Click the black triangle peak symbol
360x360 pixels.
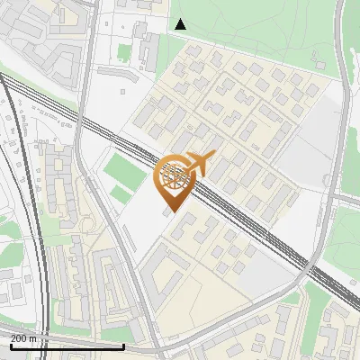tap(181, 24)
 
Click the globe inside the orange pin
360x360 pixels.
tap(174, 175)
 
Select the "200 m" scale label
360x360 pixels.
tap(24, 338)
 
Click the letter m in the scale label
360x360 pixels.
tap(33, 338)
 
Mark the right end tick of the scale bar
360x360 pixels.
tap(123, 345)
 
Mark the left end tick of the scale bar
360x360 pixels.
tap(10, 345)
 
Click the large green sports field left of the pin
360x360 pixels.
tap(120, 168)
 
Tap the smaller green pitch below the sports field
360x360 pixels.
tap(121, 194)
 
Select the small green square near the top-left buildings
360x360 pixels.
tap(124, 50)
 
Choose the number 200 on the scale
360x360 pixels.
tap(19, 338)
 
